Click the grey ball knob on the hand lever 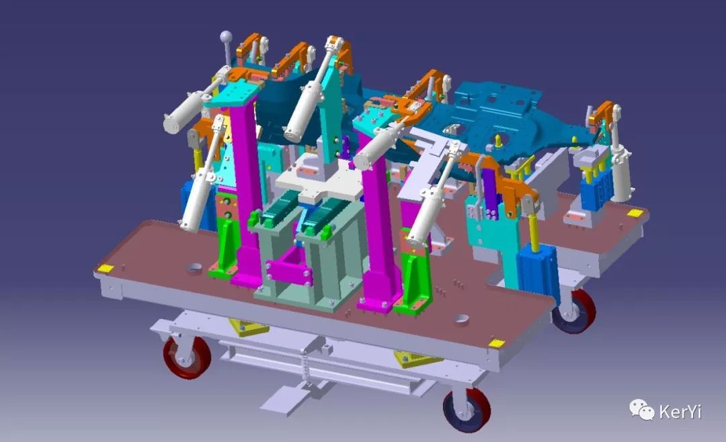point(226,36)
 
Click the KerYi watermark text point(680,411)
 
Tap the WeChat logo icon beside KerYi point(641,410)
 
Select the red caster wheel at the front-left point(188,357)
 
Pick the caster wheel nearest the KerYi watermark point(467,410)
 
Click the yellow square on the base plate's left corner point(106,268)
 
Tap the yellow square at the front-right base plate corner point(497,343)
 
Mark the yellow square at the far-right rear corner point(635,213)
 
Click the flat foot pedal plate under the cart point(284,400)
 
